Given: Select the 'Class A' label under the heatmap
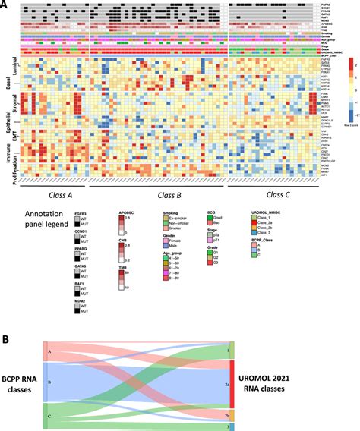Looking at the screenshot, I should pyautogui.click(x=59, y=195).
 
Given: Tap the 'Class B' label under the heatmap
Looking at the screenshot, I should pyautogui.click(x=160, y=195).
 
